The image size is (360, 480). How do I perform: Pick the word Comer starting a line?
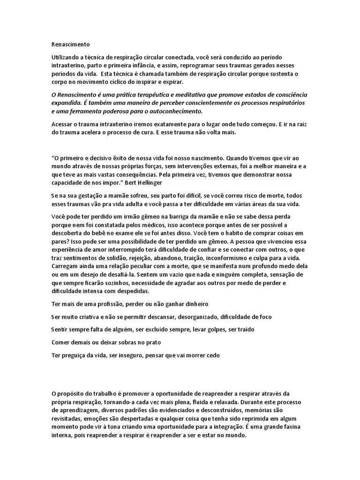(x=61, y=342)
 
